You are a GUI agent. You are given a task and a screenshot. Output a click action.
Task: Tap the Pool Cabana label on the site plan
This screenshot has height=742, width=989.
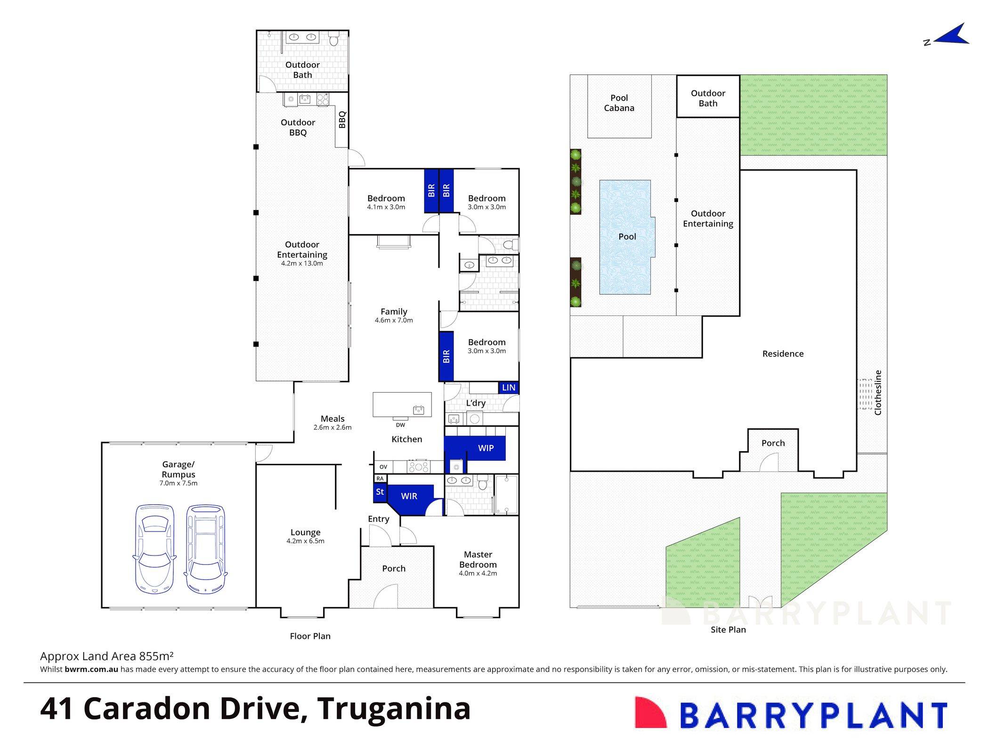(619, 103)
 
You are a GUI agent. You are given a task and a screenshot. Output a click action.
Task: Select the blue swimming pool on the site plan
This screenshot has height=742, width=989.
(626, 237)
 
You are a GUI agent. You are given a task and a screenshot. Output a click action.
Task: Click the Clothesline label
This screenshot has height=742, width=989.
(878, 392)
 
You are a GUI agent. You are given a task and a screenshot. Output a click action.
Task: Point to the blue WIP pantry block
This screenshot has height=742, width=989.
(485, 448)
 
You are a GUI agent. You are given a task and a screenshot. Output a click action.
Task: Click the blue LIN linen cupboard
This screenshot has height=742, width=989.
(509, 387)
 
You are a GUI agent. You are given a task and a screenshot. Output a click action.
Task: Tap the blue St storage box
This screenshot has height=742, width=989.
(380, 492)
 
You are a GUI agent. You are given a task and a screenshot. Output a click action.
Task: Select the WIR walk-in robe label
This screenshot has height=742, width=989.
(409, 496)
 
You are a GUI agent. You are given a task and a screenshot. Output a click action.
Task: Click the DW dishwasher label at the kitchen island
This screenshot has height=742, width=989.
(400, 425)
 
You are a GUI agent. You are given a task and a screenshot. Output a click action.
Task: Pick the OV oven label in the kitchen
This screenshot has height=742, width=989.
(383, 467)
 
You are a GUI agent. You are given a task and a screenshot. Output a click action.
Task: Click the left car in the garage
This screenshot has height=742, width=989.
(154, 548)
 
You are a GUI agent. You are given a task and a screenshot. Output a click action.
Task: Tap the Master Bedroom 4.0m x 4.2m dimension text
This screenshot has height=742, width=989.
(478, 573)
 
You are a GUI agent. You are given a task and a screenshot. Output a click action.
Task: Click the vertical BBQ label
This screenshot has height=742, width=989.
(342, 119)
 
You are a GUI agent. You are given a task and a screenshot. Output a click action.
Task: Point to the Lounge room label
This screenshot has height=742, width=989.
(305, 532)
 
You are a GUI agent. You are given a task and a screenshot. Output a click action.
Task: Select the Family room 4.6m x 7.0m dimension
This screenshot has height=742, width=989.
(394, 320)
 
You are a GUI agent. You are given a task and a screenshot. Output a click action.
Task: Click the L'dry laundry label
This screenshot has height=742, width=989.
(476, 403)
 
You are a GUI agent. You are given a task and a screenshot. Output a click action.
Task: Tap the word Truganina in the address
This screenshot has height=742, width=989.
(394, 709)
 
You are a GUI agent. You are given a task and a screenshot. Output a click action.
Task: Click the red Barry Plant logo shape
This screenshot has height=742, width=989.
(650, 712)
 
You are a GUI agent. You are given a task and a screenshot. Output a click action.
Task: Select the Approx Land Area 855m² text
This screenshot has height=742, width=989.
(107, 656)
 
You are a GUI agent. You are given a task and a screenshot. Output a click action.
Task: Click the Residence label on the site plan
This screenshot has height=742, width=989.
(783, 354)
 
